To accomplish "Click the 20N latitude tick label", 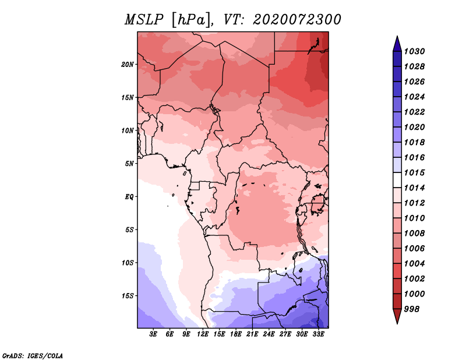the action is click(x=128, y=65).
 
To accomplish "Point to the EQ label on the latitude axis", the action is click(x=129, y=197).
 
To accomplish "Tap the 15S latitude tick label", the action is click(x=128, y=296).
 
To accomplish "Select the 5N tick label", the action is click(x=129, y=164).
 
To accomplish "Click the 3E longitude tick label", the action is click(x=153, y=334).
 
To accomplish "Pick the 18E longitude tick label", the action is click(x=236, y=334).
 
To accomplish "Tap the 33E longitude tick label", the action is click(x=318, y=334).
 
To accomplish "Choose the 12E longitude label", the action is click(x=203, y=334).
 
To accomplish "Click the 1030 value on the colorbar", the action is click(x=414, y=51).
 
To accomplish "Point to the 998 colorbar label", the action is click(x=412, y=309).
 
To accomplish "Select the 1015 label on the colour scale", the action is click(x=414, y=172).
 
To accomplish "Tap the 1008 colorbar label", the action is click(x=414, y=234).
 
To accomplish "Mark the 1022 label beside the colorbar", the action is click(x=414, y=112).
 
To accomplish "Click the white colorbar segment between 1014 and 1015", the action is click(x=397, y=180).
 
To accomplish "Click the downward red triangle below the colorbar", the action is click(x=397, y=316).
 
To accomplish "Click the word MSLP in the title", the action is click(x=144, y=20).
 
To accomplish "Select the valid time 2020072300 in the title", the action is click(x=297, y=20).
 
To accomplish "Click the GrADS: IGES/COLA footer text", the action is click(x=33, y=356).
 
